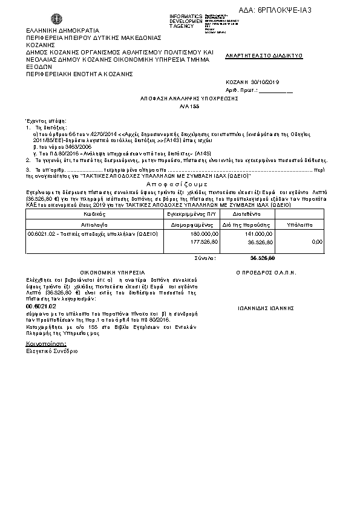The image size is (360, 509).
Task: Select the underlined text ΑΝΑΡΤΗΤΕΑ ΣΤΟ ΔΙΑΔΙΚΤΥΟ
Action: pos(264,55)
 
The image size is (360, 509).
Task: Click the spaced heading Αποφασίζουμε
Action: pos(177,184)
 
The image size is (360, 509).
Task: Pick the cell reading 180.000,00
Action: pos(187,233)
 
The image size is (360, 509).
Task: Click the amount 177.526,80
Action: pos(187,241)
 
